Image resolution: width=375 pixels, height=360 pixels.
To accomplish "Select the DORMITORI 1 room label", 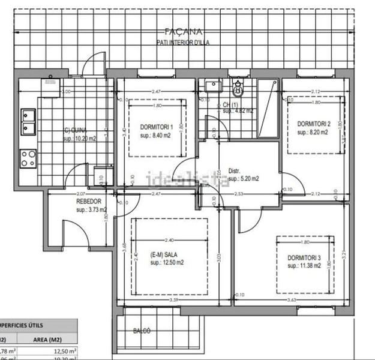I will pos(157,127).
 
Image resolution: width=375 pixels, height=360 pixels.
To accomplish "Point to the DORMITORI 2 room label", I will pos(314,124).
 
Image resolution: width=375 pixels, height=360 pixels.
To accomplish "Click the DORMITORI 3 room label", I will pos(304,259).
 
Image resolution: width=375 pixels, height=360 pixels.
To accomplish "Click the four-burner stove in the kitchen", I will pos(28,158).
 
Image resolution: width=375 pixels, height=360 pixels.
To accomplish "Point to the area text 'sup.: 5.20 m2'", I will pos(239,178).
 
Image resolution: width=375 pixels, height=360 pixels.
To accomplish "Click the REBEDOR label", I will pos(88,202).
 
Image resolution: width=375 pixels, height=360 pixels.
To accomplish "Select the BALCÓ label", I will pos(142,331).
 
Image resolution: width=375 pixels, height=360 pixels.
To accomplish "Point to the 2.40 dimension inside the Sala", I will pos(169,224).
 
